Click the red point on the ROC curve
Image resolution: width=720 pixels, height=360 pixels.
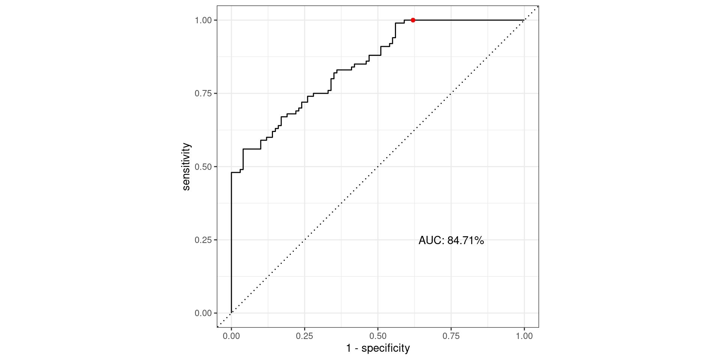click(x=413, y=20)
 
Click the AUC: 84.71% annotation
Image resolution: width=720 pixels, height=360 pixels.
click(x=451, y=240)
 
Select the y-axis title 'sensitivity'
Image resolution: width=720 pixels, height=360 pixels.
click(x=186, y=167)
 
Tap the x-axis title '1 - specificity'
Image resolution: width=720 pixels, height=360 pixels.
click(x=378, y=348)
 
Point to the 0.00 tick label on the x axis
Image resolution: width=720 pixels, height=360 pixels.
click(x=231, y=336)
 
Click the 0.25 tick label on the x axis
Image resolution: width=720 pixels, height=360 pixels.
click(x=304, y=336)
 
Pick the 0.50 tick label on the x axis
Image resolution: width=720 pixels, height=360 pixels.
click(x=378, y=336)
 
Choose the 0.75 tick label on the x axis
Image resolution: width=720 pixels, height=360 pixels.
click(x=451, y=336)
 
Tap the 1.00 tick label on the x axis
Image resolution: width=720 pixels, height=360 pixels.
click(x=524, y=336)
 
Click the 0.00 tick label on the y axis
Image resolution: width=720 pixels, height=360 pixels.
click(x=203, y=313)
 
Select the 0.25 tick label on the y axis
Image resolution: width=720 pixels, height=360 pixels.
click(x=203, y=240)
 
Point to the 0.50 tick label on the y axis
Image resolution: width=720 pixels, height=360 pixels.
click(x=203, y=166)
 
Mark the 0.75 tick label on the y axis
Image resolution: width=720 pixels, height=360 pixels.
click(x=203, y=93)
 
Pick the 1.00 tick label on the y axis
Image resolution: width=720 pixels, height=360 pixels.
click(x=203, y=20)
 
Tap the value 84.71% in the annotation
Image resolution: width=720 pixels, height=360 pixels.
click(x=465, y=240)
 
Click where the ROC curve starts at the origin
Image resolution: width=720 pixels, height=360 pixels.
click(x=231, y=313)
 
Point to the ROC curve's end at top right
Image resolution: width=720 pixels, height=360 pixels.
click(x=524, y=20)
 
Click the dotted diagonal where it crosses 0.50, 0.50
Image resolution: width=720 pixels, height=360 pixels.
click(x=378, y=166)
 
